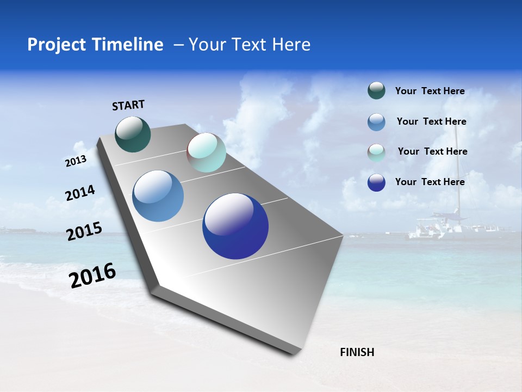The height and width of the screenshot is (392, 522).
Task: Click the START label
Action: [x=128, y=105]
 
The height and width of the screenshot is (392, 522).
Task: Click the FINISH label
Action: [x=357, y=352]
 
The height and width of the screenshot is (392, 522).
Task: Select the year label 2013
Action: [x=76, y=161]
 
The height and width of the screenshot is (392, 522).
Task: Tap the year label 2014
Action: [x=80, y=193]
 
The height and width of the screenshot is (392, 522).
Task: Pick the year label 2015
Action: [x=84, y=231]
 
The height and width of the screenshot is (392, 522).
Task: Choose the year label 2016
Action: [x=92, y=275]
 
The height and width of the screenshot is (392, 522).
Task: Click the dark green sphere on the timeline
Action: [x=133, y=134]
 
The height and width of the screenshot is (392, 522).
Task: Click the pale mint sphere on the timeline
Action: [x=206, y=153]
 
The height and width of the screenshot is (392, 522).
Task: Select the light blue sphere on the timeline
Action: [x=158, y=196]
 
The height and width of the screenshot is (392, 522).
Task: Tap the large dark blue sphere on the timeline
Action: [x=235, y=226]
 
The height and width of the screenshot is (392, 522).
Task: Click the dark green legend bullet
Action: [x=376, y=91]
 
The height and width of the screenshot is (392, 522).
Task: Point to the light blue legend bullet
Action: [x=376, y=122]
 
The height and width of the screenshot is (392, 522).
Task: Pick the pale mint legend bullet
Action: [x=376, y=152]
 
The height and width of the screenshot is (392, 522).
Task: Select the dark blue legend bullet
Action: [x=376, y=182]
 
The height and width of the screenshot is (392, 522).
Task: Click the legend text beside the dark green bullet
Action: [x=430, y=91]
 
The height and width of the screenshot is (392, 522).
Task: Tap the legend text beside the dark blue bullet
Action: [x=430, y=182]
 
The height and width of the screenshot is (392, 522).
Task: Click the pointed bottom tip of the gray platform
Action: [x=294, y=354]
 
